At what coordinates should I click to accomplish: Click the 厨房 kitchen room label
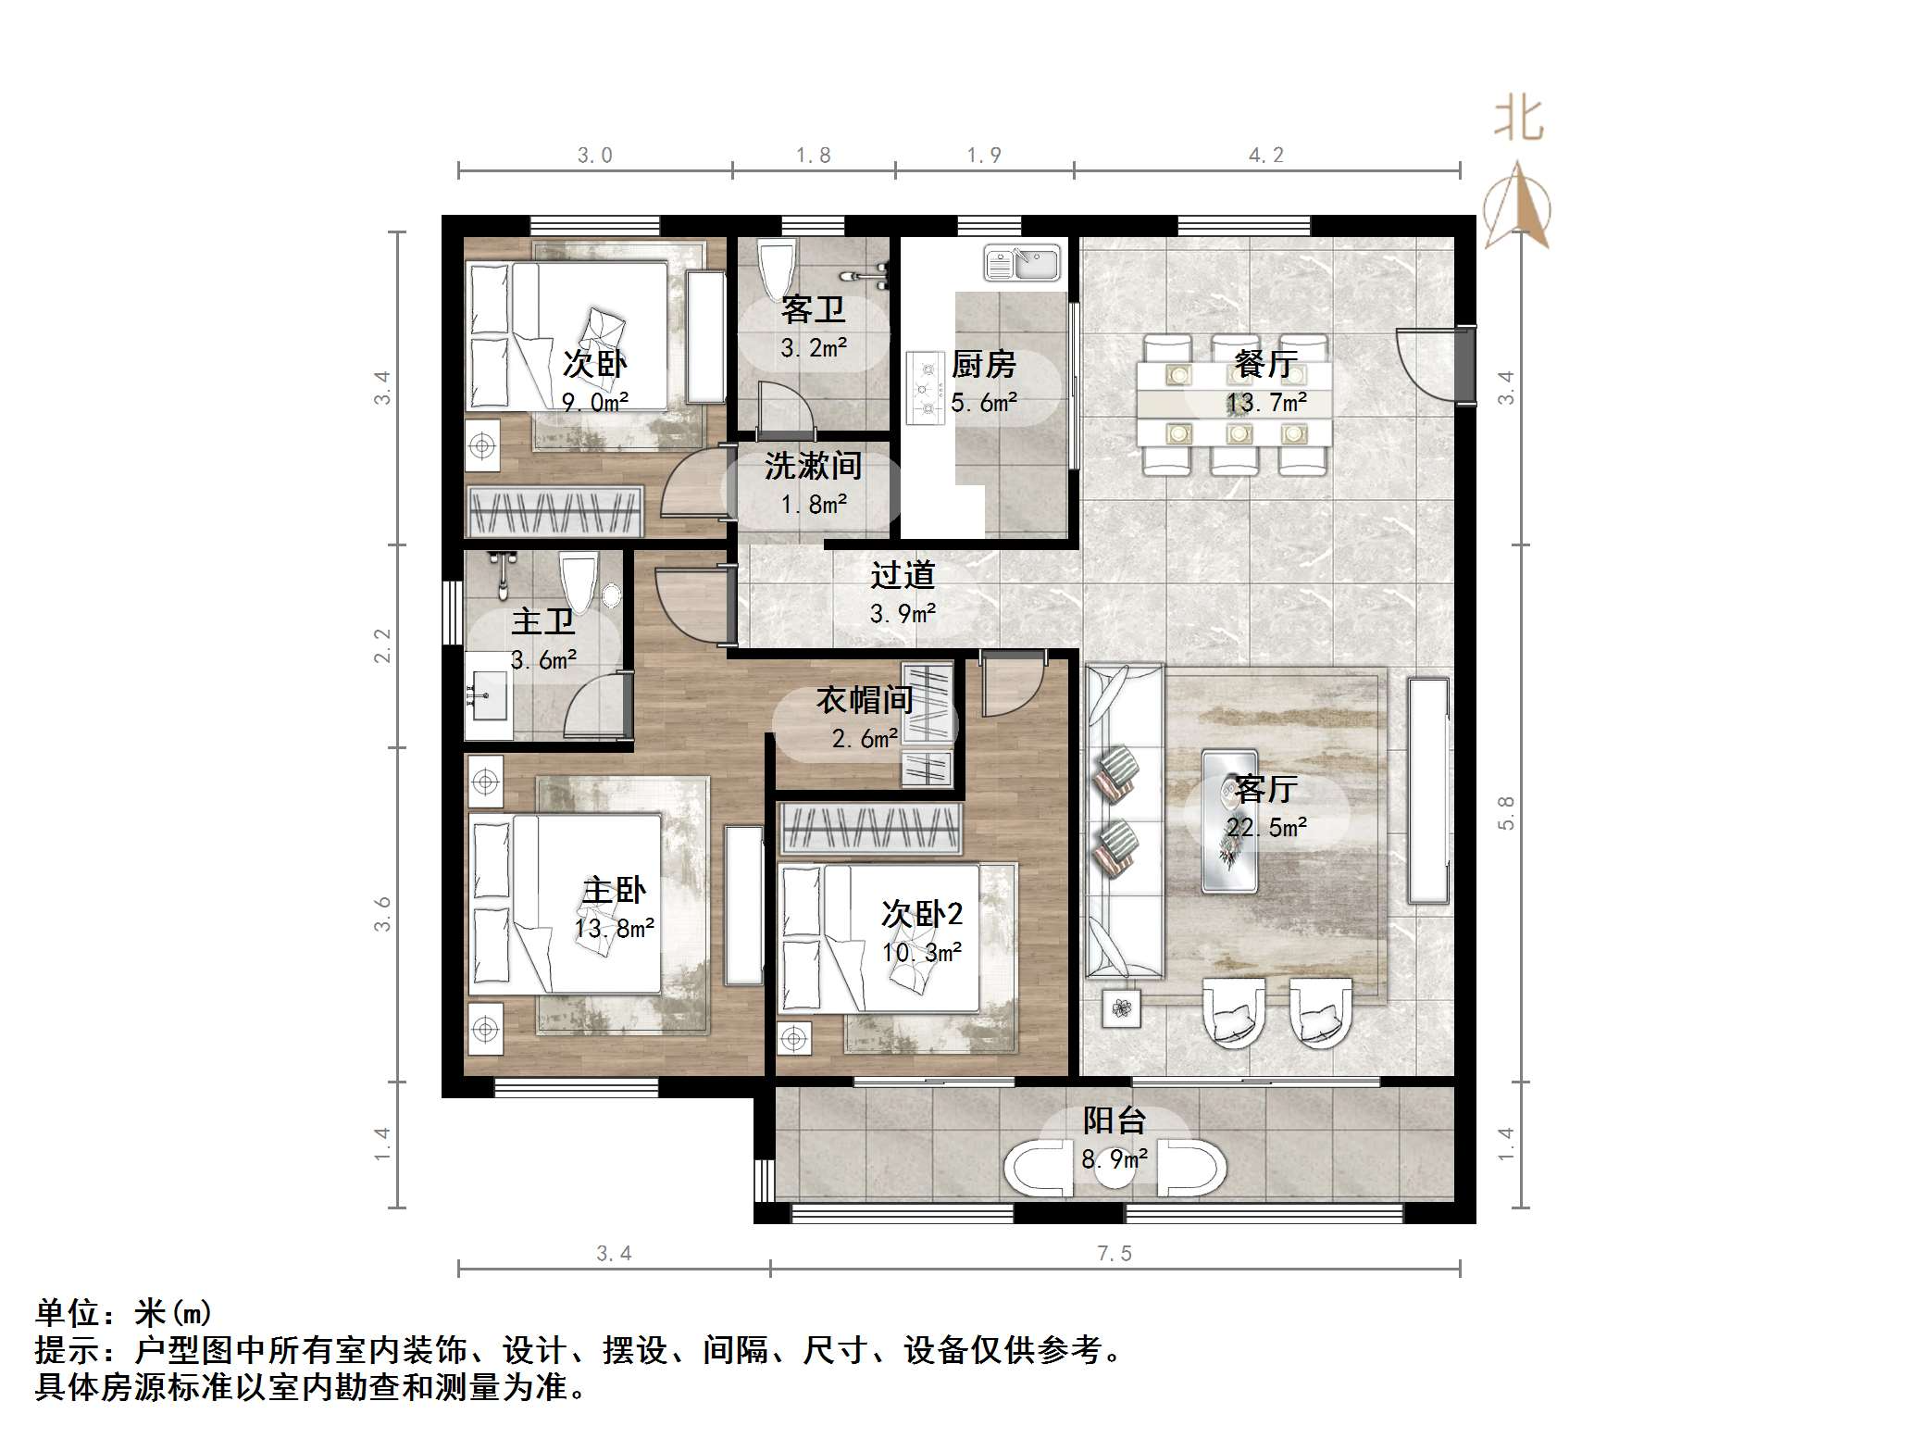tap(984, 365)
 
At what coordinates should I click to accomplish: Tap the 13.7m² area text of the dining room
tap(1267, 403)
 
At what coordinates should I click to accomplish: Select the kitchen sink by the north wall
tap(1022, 263)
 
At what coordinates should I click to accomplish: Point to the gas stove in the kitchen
tap(925, 388)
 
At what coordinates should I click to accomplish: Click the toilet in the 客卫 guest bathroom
tap(777, 268)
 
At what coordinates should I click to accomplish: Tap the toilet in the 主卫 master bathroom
tap(579, 582)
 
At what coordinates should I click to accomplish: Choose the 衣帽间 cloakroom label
tap(865, 700)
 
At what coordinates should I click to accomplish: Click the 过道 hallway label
tap(903, 575)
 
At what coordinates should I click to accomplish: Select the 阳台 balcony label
tap(1115, 1121)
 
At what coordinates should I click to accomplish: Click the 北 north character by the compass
tap(1518, 119)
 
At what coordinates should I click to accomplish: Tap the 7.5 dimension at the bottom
tap(1115, 1254)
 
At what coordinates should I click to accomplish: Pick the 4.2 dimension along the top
tap(1266, 156)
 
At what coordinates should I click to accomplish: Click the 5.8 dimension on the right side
tap(1506, 813)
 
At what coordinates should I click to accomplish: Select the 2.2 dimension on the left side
tap(382, 645)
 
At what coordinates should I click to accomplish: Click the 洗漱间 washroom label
tap(814, 466)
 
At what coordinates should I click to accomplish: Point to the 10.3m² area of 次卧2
tap(922, 952)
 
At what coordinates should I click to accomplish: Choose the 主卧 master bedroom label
tap(614, 891)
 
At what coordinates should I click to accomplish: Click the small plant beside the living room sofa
tap(1122, 1008)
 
